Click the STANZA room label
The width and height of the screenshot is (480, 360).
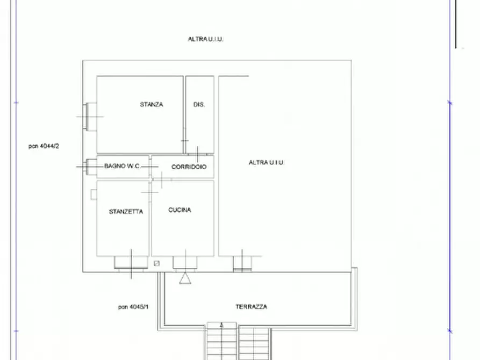click(151, 105)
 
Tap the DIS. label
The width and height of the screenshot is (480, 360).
click(199, 105)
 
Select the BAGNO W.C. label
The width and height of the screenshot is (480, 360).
click(123, 167)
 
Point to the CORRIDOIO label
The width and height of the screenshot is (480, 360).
click(189, 167)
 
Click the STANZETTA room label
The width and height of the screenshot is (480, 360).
click(126, 212)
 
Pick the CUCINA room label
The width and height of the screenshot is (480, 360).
click(180, 210)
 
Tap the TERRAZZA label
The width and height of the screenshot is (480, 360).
click(251, 307)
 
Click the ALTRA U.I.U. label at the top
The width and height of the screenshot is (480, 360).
click(205, 39)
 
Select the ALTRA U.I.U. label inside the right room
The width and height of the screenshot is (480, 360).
click(267, 162)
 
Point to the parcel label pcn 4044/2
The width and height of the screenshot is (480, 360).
click(44, 146)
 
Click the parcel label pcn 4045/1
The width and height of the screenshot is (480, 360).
click(133, 307)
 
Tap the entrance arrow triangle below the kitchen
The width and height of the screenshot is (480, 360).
click(184, 278)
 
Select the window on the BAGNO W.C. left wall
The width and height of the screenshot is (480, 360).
click(89, 166)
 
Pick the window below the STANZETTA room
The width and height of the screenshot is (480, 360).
click(130, 263)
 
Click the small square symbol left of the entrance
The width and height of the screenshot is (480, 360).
click(156, 263)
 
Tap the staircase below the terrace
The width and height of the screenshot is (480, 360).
click(238, 341)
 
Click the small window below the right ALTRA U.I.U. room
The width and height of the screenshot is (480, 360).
click(242, 263)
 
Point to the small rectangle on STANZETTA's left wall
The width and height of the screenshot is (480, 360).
click(94, 194)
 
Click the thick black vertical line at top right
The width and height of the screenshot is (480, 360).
click(456, 24)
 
